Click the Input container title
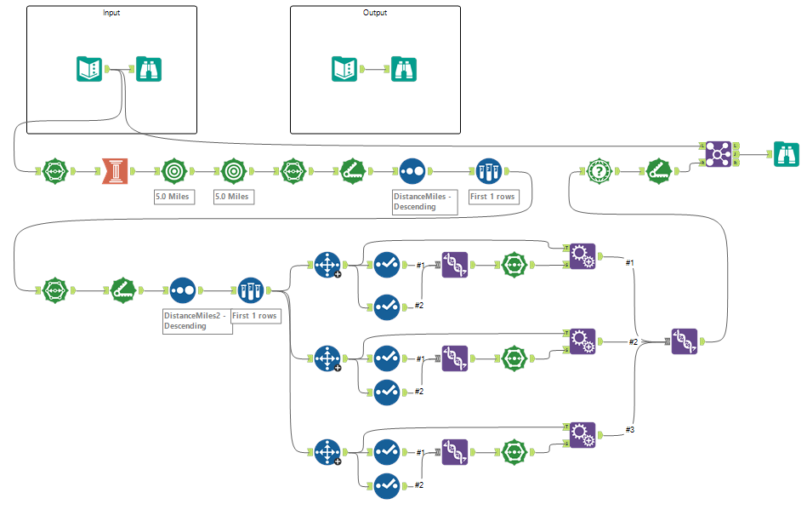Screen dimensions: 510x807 tap(111, 13)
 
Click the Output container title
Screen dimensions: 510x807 tap(375, 13)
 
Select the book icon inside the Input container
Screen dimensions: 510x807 tap(89, 69)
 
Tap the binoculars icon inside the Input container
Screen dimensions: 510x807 tap(149, 69)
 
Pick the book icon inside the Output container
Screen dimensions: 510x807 tap(344, 69)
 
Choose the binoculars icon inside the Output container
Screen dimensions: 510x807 tap(404, 69)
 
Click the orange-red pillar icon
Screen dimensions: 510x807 tap(115, 171)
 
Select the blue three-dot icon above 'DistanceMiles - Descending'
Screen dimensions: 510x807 tap(412, 171)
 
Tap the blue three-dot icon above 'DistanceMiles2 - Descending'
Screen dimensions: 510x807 tap(183, 290)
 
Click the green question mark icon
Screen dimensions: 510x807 tap(600, 171)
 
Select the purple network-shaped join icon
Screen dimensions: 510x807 tap(717, 154)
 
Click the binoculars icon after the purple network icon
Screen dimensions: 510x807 tap(787, 154)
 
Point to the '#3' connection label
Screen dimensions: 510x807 tap(630, 430)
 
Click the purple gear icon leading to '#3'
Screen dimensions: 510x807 tap(583, 435)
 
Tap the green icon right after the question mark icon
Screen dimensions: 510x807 tap(659, 171)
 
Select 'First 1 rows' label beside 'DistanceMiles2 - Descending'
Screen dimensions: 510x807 tap(255, 316)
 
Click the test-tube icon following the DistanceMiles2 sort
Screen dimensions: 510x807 tap(251, 290)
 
